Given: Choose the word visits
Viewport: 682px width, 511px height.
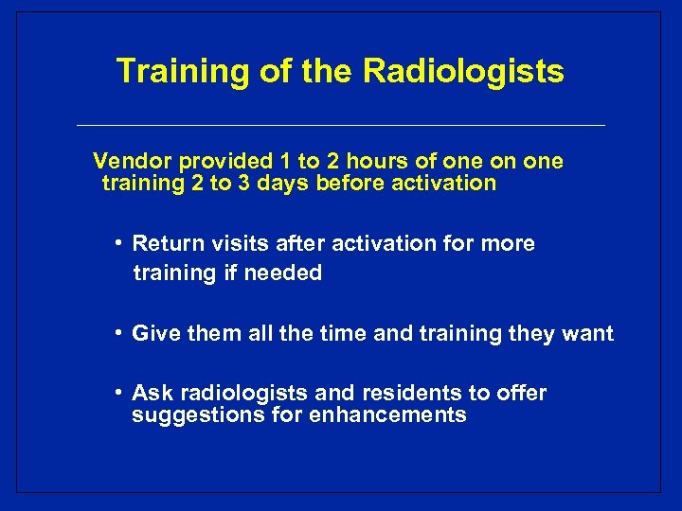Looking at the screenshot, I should [233, 244].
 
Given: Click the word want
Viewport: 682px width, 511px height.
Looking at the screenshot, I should [588, 333].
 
